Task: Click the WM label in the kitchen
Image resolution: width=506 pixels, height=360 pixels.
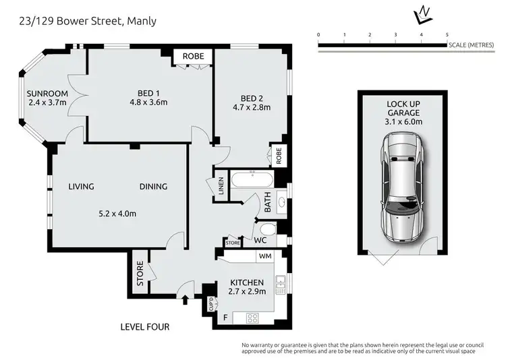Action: tap(265, 256)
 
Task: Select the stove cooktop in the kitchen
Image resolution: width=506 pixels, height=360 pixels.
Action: tap(254, 318)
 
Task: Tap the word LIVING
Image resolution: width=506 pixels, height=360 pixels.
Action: tap(81, 187)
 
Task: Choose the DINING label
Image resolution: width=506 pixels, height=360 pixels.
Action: tap(153, 187)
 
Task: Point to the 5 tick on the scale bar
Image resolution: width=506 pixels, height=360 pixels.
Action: tap(447, 33)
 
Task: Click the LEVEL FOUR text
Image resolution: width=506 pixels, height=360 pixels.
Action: tap(144, 327)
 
